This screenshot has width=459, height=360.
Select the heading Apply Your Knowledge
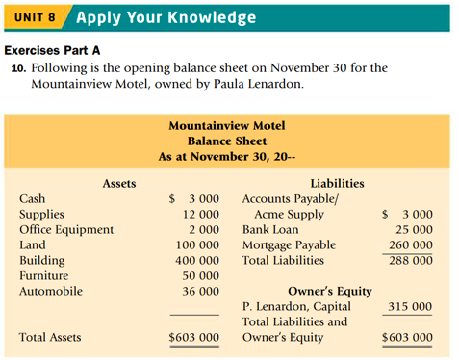165,18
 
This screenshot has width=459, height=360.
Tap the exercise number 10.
20,68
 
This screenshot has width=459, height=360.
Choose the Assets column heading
118,183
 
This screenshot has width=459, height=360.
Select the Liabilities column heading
337,183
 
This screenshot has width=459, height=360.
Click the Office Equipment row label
65,230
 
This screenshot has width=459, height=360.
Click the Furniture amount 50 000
201,276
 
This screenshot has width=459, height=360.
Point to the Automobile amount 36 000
201,292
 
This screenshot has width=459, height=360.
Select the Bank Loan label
270,230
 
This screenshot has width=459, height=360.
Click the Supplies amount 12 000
201,215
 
